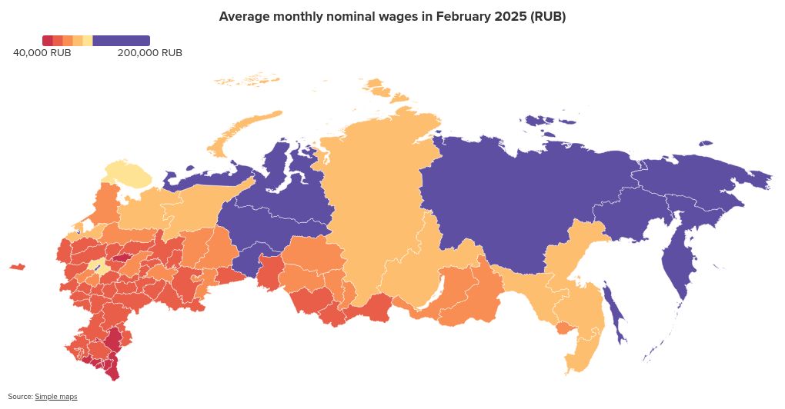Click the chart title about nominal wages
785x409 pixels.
click(392, 17)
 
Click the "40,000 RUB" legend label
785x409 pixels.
click(42, 53)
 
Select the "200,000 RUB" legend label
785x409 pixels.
click(150, 53)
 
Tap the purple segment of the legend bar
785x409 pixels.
click(121, 40)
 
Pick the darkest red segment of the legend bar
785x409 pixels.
click(47, 40)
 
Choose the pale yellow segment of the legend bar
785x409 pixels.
click(88, 40)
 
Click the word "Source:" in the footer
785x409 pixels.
click(21, 397)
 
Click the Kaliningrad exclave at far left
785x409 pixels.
click(17, 267)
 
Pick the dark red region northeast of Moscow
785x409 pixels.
click(122, 258)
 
